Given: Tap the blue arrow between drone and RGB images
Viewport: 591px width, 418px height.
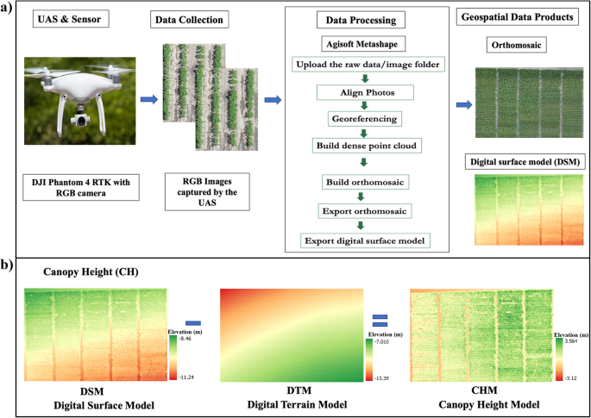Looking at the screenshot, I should click(148, 100).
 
